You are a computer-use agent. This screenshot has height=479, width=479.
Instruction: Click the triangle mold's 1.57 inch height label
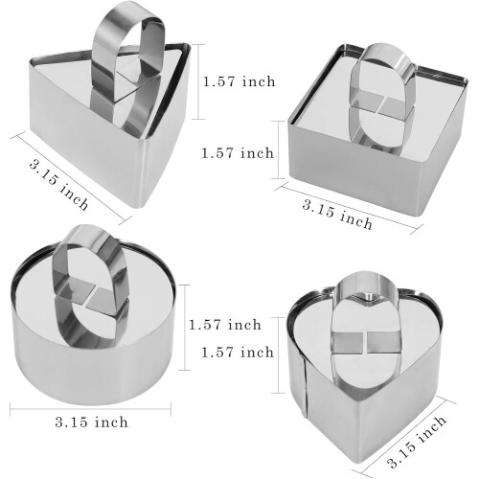pos(239,81)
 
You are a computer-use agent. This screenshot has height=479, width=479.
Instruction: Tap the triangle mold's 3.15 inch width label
pos(58,186)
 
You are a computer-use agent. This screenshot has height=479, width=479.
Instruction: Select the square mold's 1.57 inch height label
pos(238,153)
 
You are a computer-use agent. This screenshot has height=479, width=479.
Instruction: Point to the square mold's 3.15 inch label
pos(337,215)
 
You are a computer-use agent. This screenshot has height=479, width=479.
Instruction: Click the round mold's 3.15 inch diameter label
pos(91,422)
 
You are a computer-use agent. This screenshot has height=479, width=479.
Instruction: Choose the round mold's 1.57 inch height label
pos(225,325)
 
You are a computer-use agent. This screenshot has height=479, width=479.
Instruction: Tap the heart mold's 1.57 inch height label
pos(238,353)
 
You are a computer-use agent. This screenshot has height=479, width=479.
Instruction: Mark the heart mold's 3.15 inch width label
pos(418,441)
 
